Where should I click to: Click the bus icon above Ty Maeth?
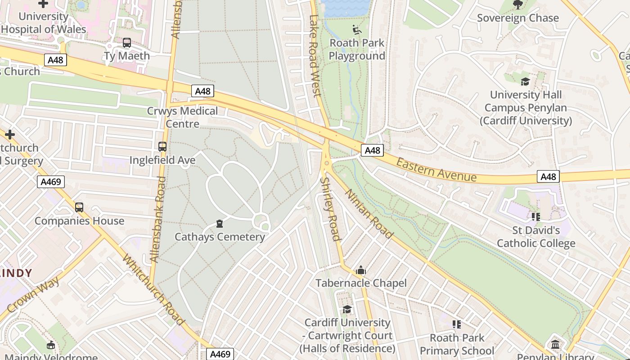pos(127,43)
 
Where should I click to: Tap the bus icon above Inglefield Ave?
pos(162,147)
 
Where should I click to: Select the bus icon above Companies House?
pos(79,207)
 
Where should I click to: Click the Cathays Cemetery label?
pos(220,237)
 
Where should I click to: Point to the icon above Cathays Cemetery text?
pos(220,224)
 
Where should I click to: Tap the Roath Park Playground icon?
pos(357,30)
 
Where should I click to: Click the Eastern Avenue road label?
pos(436,170)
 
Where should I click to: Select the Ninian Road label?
pos(369,213)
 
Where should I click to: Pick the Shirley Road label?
pos(330,209)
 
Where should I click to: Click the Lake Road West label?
pos(315,56)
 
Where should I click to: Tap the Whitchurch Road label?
pos(153,290)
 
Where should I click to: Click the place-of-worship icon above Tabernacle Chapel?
pos(360,270)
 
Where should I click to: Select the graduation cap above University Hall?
pos(525,81)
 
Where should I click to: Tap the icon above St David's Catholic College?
pos(535,217)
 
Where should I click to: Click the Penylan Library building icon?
pos(555,345)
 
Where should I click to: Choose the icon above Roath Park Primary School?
pos(457,324)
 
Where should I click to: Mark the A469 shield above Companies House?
pos(51,182)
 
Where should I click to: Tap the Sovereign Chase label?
pos(517,18)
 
